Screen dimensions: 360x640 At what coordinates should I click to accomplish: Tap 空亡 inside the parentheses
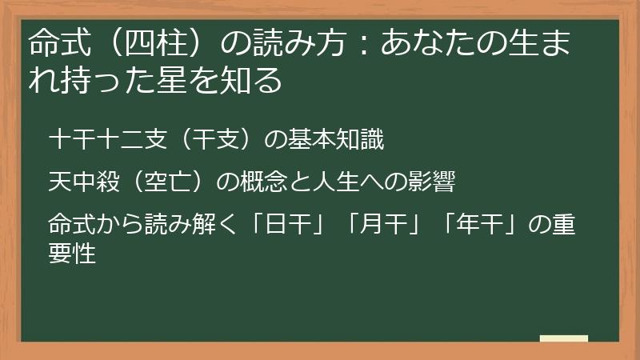(x=166, y=182)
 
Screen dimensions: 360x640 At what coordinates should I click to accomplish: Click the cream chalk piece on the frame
(x=564, y=339)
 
